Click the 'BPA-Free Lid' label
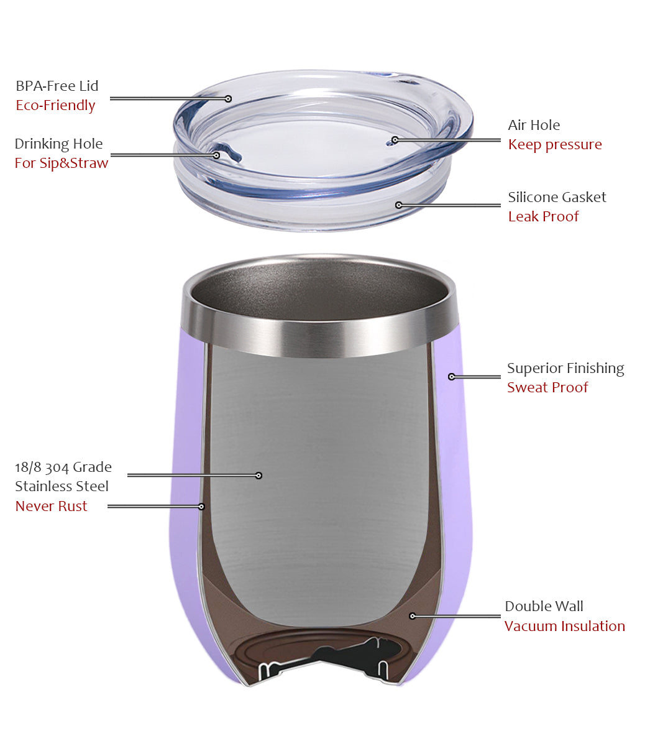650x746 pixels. coord(57,86)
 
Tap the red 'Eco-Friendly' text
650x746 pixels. coord(55,106)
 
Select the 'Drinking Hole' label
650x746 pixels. coord(58,144)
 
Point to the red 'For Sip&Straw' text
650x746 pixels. coord(62,163)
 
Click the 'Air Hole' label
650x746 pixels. coord(534,125)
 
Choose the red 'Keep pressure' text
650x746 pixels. coord(555,145)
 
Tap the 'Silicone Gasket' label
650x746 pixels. coord(557,197)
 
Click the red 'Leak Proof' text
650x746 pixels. coord(543,216)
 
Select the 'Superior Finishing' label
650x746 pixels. coord(565,369)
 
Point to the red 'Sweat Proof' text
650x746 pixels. coord(547,387)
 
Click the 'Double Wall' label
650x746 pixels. coord(544,607)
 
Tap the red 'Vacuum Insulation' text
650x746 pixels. coord(565,627)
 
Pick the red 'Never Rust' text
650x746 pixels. coord(51,507)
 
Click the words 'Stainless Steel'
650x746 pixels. coord(62,486)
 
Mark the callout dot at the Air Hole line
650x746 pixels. coord(395,140)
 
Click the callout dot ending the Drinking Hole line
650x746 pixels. coord(216,155)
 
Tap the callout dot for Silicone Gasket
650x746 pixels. coord(399,205)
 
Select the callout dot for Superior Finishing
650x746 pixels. coord(452,377)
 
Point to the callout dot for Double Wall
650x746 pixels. coord(413,616)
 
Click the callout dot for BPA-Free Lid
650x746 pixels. coord(229,99)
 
